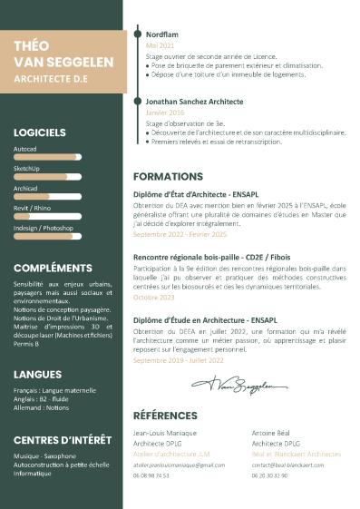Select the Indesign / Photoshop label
click(44, 228)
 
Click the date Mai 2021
click(160, 44)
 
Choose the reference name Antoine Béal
click(271, 434)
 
